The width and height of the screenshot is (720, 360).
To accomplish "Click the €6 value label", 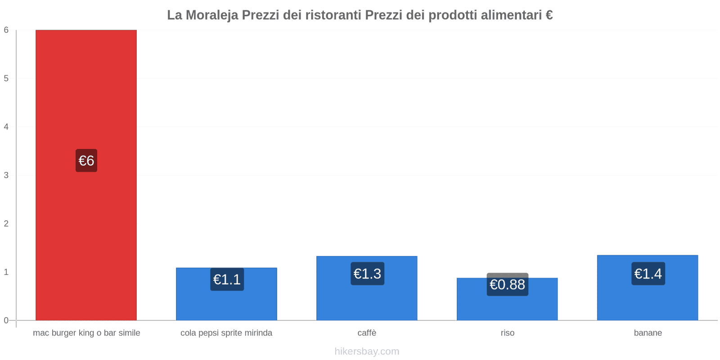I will click(x=86, y=161).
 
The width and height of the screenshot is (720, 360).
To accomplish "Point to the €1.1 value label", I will click(x=227, y=279).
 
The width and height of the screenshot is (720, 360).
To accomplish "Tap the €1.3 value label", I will click(x=367, y=274).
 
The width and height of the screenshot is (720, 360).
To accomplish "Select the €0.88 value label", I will click(x=507, y=285).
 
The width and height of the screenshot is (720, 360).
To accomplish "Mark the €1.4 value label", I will click(x=648, y=274).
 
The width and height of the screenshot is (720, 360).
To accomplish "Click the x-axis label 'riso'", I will click(x=507, y=333).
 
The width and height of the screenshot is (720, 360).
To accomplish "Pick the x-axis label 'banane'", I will click(x=648, y=333).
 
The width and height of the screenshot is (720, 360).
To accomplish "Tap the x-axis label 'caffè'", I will click(x=367, y=333).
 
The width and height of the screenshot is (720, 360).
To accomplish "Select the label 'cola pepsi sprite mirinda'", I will click(x=226, y=333).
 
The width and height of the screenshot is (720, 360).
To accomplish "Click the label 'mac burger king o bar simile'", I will click(x=86, y=333).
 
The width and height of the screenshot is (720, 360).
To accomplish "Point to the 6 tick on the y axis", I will click(x=6, y=30).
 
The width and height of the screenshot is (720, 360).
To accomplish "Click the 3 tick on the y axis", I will click(x=6, y=175).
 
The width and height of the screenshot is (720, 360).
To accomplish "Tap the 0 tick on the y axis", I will click(x=6, y=320).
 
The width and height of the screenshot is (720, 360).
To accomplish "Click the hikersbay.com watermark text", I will click(x=367, y=351).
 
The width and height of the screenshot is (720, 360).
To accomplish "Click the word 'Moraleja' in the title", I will click(x=211, y=15).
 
